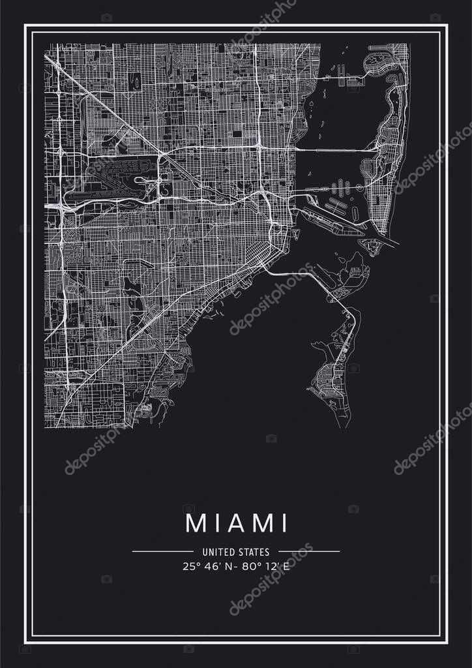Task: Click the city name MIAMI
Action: [x=236, y=523]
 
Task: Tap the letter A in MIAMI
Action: [x=237, y=523]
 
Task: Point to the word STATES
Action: [x=256, y=552]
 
